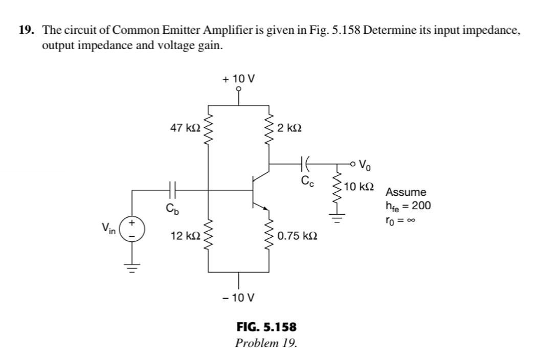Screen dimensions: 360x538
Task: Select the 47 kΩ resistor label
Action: point(185,128)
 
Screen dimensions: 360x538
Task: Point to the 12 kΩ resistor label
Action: point(185,236)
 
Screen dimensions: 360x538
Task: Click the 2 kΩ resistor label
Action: point(289,128)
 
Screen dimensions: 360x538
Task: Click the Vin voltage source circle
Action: point(131,228)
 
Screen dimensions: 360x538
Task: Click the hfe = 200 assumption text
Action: point(408,206)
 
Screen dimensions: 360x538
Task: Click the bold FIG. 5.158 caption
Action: point(266,326)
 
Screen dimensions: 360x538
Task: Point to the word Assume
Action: point(405,193)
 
